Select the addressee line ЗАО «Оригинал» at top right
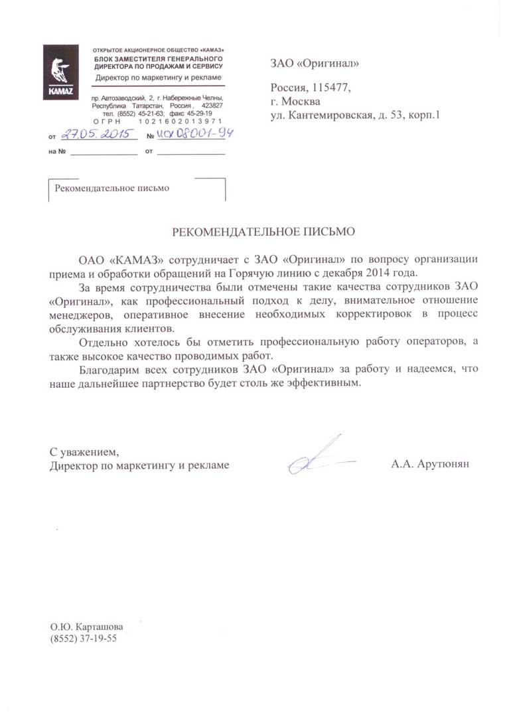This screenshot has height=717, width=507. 315,64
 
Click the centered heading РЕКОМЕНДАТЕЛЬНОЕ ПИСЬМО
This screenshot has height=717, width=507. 264,232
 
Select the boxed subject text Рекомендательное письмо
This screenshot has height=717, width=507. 112,188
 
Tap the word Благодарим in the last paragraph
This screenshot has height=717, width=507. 106,369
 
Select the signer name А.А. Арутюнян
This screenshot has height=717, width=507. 430,465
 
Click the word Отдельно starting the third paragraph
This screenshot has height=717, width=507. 103,342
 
